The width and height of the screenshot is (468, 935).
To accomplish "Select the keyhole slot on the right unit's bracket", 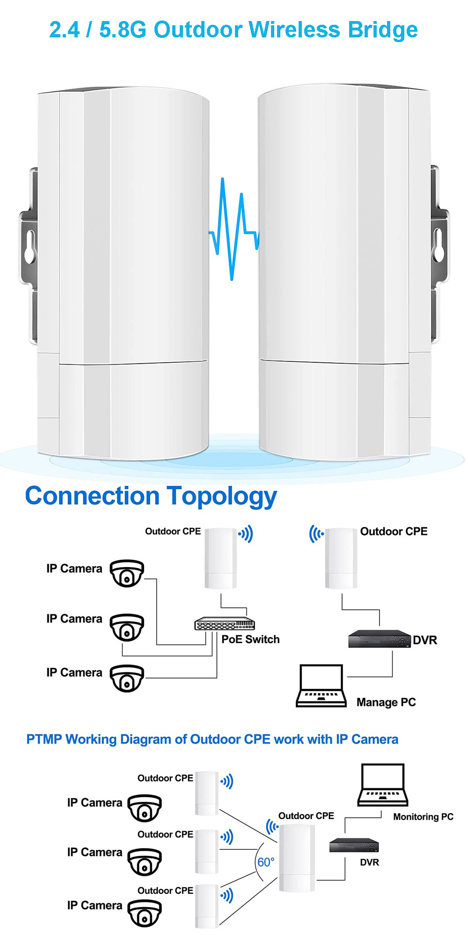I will [439, 244].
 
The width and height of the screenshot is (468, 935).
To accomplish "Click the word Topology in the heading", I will [222, 497].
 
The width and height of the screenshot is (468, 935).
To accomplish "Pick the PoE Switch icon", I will [225, 624].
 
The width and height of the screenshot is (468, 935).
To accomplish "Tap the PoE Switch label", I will [250, 640].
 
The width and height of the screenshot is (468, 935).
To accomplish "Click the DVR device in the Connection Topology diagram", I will [380, 639].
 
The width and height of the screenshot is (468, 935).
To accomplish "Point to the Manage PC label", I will [386, 702].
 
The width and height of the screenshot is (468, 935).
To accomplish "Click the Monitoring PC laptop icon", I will [382, 785].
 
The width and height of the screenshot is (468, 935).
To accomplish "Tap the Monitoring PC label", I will [423, 817].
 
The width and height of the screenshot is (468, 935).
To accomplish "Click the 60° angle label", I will [266, 862].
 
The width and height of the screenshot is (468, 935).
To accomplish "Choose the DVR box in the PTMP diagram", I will [354, 845].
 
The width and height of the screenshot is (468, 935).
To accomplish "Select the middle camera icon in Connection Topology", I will [127, 627].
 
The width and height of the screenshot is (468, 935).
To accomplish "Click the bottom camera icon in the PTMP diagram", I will [145, 913].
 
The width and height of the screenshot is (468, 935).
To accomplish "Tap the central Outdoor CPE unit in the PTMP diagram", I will [297, 858].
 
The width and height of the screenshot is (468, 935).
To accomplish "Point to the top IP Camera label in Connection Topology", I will [74, 569].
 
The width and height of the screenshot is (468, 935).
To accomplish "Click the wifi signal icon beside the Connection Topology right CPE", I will [316, 533].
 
